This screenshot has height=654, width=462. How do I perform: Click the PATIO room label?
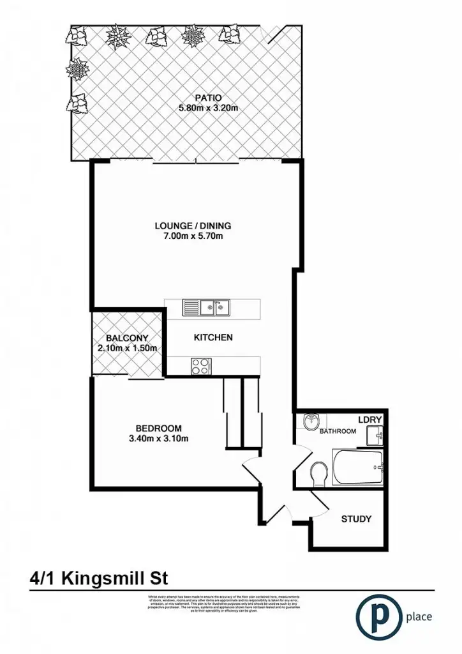click(x=209, y=98)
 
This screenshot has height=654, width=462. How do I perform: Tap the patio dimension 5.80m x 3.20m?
click(x=209, y=108)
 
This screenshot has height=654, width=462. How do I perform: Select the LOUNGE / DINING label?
click(x=193, y=225)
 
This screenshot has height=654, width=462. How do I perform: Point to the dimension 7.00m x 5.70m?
click(x=193, y=236)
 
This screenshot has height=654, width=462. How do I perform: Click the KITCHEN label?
click(x=213, y=337)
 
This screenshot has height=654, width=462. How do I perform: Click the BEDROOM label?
click(x=159, y=428)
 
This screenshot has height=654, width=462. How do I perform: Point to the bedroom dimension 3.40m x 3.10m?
click(x=159, y=438)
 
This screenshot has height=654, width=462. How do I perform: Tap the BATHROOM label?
click(x=338, y=431)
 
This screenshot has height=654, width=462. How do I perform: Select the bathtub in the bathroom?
click(x=357, y=468)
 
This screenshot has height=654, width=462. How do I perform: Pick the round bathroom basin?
click(x=310, y=422)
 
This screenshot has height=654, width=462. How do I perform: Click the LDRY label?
click(x=369, y=420)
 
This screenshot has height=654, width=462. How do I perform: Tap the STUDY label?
click(x=356, y=519)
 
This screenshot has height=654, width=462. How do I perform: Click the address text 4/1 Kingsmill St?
click(x=98, y=579)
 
